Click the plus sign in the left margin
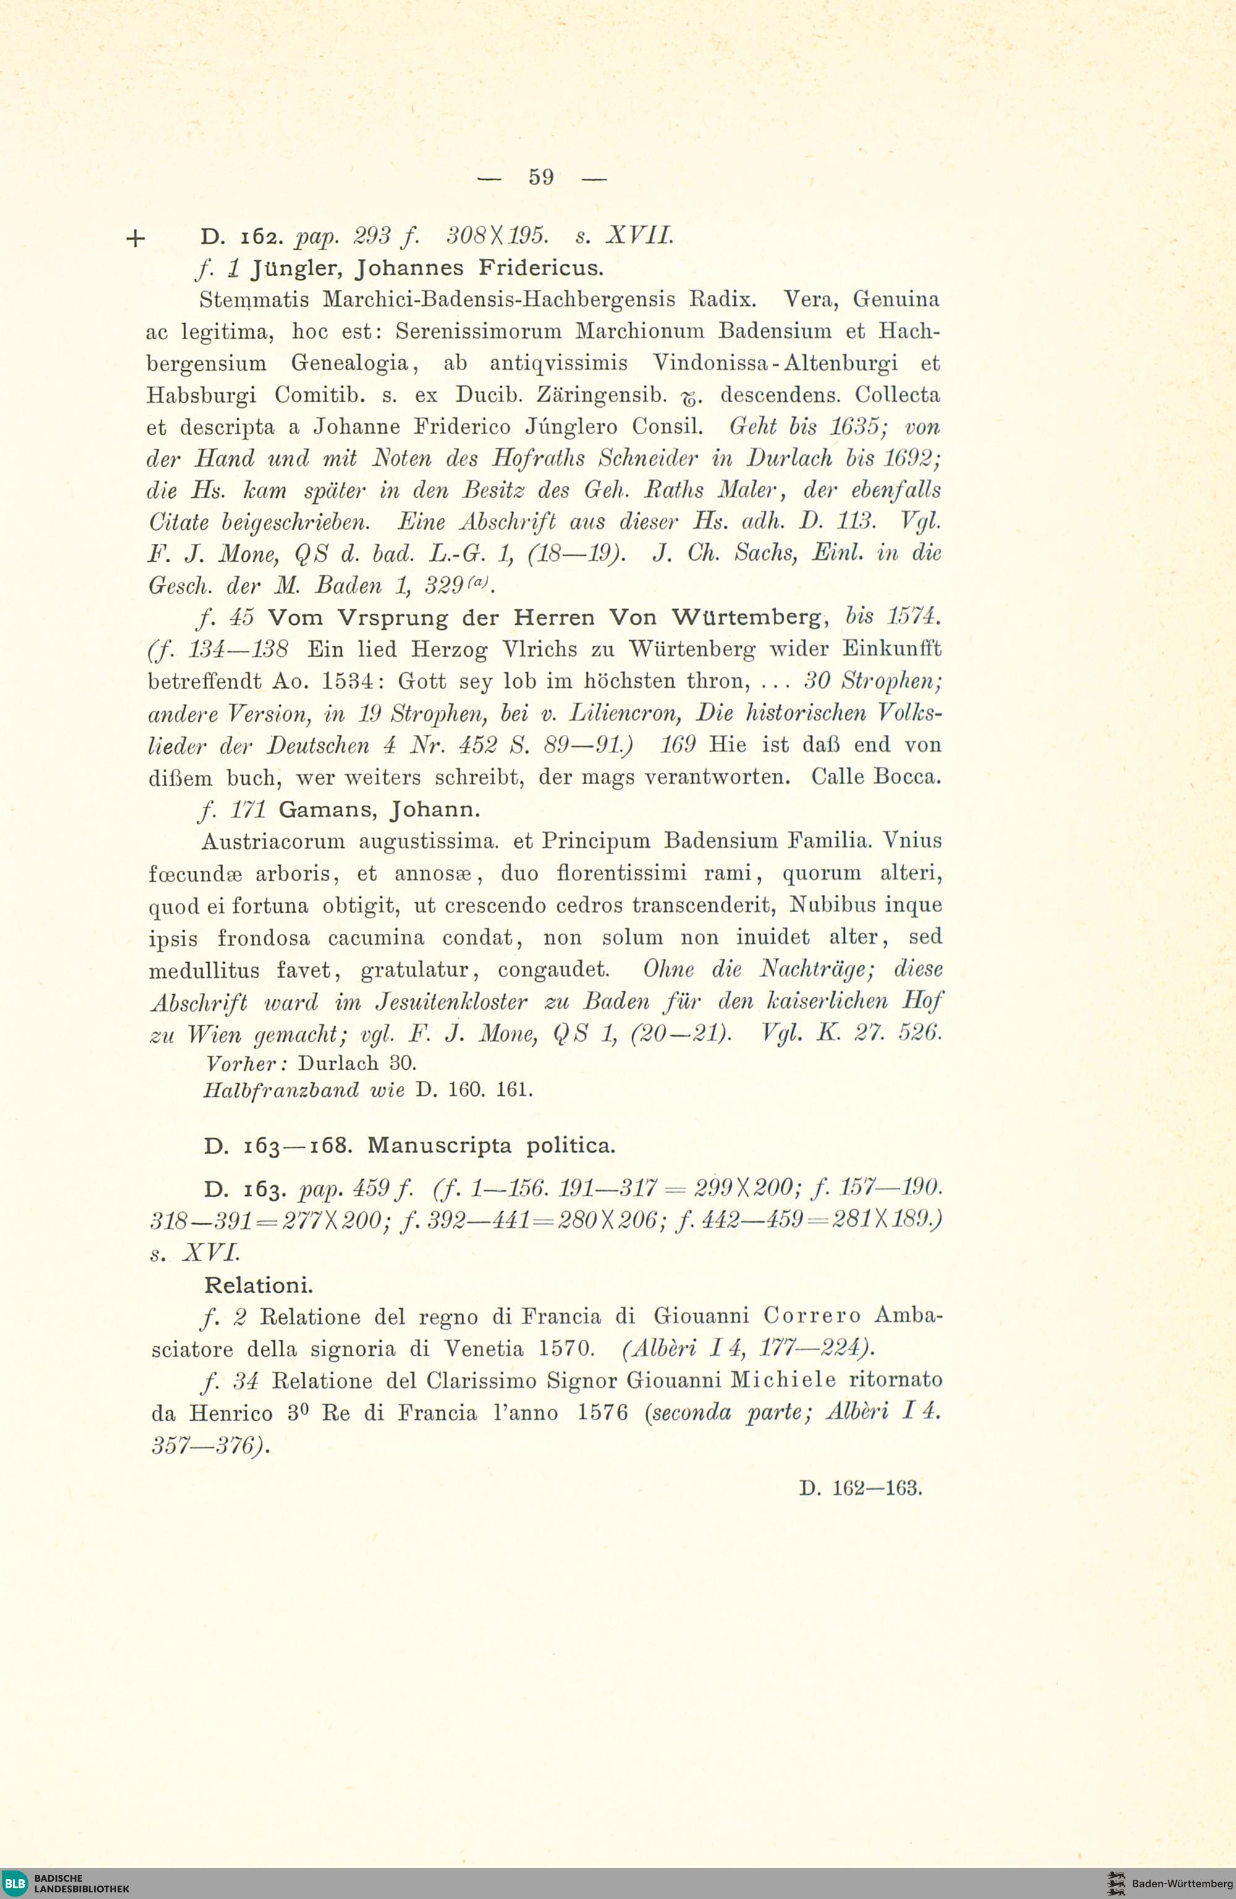click(x=135, y=239)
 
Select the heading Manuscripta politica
click(x=491, y=1146)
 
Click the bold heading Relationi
click(x=258, y=1285)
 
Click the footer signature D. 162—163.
click(x=860, y=1488)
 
